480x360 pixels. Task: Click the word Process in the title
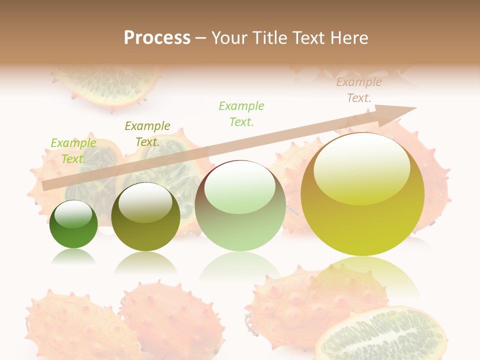click(x=157, y=38)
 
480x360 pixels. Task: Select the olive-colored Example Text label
click(x=147, y=134)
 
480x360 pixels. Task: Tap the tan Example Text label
click(x=359, y=90)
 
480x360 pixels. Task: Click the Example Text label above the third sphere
click(x=241, y=113)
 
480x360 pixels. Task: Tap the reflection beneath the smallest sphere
click(x=73, y=256)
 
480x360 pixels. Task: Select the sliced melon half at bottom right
click(x=382, y=335)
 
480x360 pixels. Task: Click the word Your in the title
click(x=228, y=38)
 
